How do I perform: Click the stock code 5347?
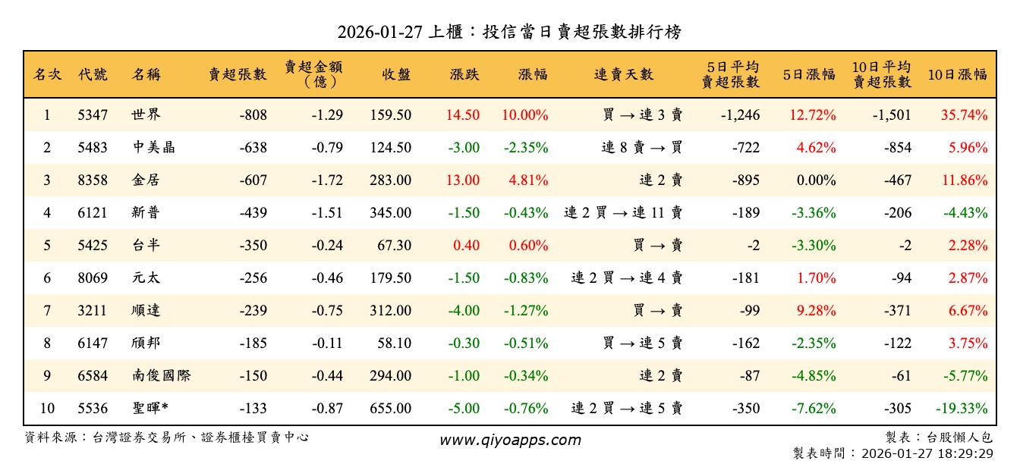93,115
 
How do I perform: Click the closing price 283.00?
391,180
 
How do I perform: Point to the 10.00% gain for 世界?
524,115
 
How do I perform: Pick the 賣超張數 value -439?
253,213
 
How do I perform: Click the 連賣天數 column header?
623,74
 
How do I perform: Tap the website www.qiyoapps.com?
510,440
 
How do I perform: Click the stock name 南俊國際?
160,376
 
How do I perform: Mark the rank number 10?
47,409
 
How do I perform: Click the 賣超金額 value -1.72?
327,180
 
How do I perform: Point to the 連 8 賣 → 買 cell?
642,148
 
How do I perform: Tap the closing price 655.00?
391,409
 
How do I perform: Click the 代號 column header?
93,74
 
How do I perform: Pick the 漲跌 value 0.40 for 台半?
466,246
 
